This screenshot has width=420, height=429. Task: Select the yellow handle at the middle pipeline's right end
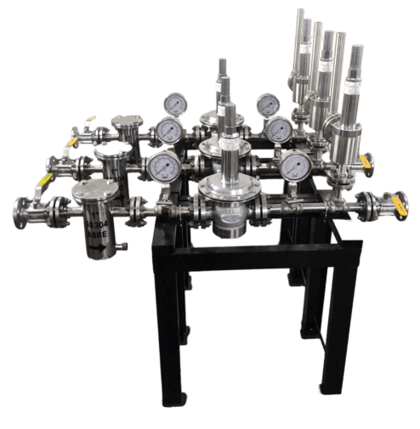[x=366, y=160]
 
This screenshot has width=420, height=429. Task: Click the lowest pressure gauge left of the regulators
[x=162, y=167]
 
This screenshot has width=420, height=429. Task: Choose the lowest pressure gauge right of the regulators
[x=295, y=165]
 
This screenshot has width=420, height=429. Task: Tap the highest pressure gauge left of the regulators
[x=175, y=104]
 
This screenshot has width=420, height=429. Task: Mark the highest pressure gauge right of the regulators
[x=267, y=104]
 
